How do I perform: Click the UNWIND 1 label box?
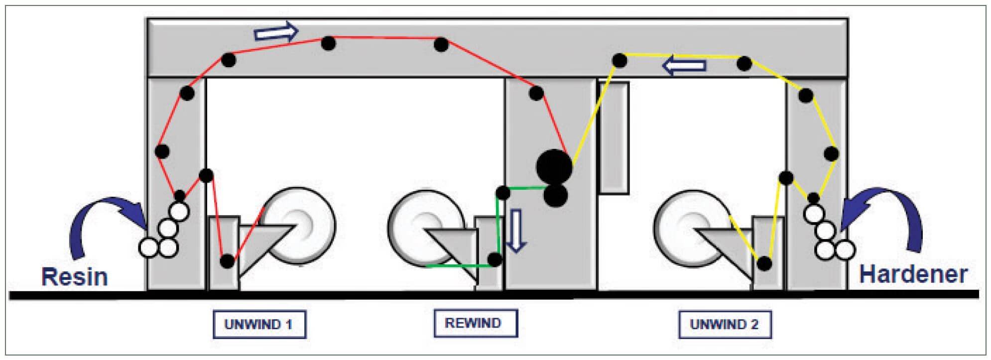[259, 324]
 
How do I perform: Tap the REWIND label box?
[475, 323]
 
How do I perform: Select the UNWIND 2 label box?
[725, 324]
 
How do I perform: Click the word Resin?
[74, 277]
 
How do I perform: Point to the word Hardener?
[913, 274]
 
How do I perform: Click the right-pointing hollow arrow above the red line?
[276, 32]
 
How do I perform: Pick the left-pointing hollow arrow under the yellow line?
[684, 65]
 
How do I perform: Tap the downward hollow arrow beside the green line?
[516, 230]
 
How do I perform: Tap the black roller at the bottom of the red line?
[227, 261]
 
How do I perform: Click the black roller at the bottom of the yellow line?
[764, 263]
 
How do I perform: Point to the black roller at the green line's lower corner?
[495, 259]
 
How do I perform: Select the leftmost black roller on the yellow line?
[619, 61]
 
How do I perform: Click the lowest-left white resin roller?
[147, 247]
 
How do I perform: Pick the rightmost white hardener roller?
[845, 250]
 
